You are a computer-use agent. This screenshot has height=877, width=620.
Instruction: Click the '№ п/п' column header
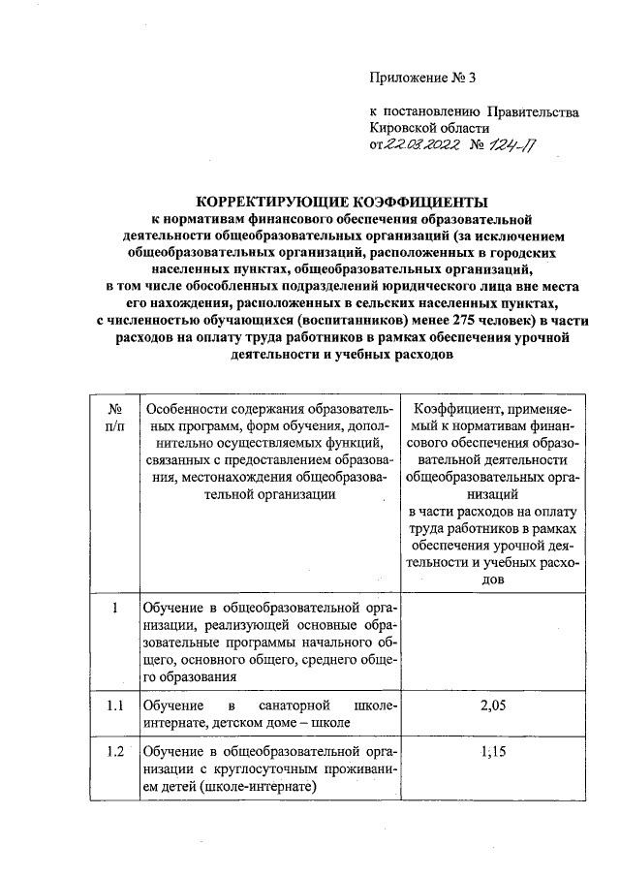click(x=114, y=418)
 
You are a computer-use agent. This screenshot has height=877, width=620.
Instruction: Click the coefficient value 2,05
click(x=494, y=706)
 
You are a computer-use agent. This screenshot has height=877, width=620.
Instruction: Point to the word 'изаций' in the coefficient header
click(x=494, y=494)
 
